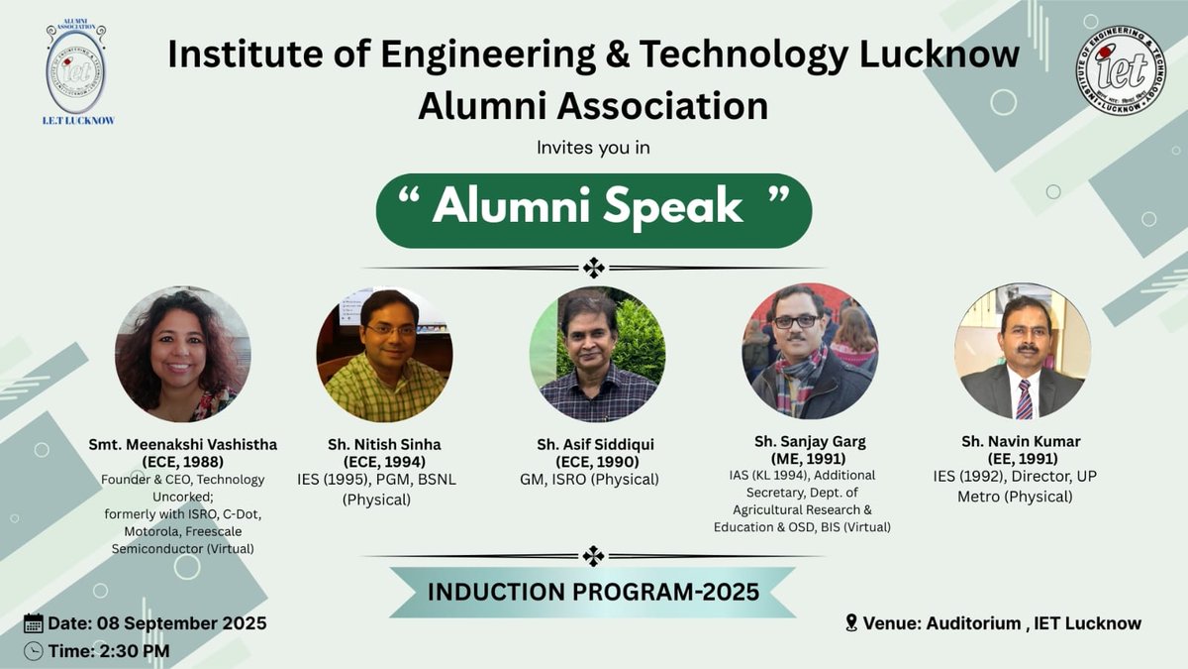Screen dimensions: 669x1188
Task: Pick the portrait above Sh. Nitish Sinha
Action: pos(384,355)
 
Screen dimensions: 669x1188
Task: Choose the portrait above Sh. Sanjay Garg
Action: pos(810,352)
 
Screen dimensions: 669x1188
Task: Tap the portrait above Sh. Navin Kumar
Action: pos(1023,351)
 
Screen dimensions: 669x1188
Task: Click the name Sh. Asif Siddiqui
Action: pos(595,443)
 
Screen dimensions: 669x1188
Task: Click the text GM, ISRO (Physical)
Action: pos(589,480)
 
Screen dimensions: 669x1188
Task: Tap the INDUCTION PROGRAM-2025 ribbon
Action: pos(593,592)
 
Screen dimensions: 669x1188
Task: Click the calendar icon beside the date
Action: pos(33,623)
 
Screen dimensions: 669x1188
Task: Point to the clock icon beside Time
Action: pos(33,651)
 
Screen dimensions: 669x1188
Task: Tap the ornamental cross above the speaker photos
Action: pos(593,268)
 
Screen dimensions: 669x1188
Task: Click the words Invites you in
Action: pos(592,148)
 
